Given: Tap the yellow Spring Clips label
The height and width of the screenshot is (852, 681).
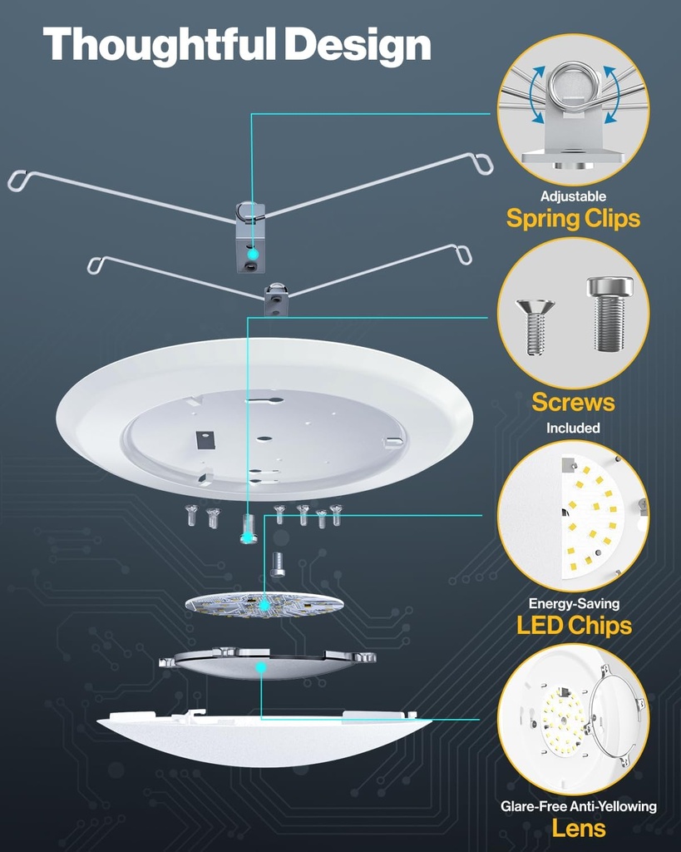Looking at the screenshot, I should (x=573, y=219).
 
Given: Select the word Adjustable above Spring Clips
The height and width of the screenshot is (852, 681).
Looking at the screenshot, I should (x=573, y=197).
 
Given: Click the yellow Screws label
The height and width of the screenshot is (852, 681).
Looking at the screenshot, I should (x=573, y=403).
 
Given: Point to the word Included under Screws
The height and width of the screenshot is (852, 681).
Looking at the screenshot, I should (x=573, y=428).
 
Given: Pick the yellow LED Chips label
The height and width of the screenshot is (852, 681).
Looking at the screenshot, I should (x=573, y=626).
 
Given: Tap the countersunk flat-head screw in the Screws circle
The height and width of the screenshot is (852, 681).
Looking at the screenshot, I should (x=535, y=324).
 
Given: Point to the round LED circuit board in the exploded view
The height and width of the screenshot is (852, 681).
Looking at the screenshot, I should (x=264, y=605).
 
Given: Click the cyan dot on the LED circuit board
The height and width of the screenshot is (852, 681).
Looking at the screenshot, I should (x=264, y=604).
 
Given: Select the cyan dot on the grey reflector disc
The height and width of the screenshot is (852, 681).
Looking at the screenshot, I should (x=260, y=667).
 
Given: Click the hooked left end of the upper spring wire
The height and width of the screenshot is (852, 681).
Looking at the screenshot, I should (x=18, y=179).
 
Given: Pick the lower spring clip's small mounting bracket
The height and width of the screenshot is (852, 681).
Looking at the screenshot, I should (x=276, y=300).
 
